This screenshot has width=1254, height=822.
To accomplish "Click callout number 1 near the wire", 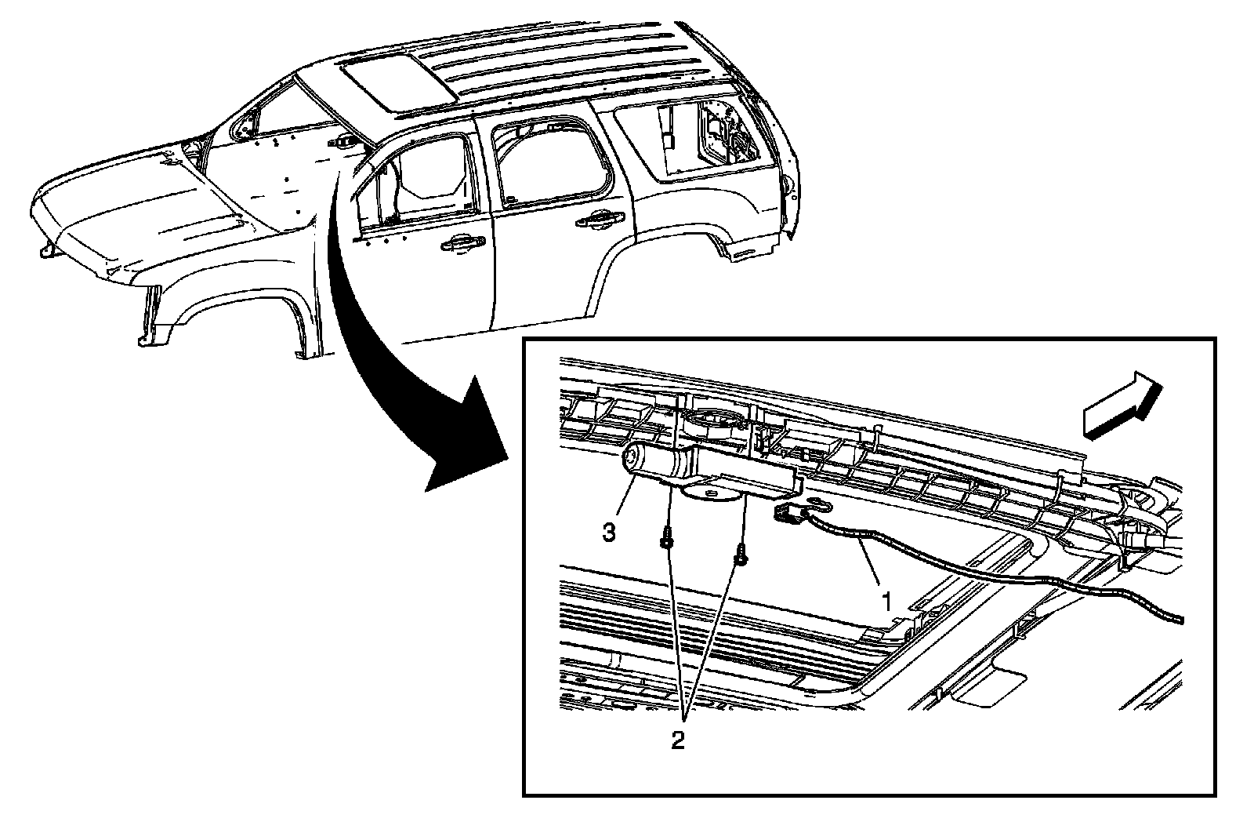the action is tap(886, 602).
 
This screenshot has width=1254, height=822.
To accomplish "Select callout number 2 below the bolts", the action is tap(678, 739).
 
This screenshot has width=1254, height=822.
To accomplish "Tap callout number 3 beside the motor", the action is tap(608, 533).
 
